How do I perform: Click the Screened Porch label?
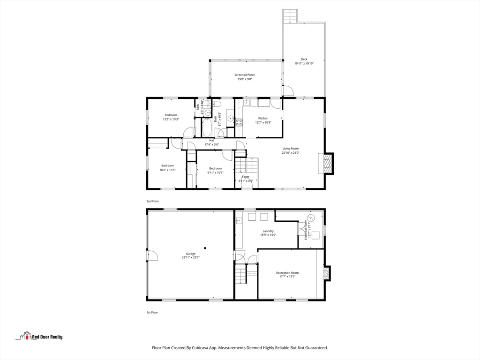245,75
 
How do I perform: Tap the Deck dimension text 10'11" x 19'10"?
304,63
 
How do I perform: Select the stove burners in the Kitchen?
239,123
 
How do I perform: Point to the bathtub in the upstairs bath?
207,127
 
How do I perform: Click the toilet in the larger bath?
217,104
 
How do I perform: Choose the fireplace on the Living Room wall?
328,164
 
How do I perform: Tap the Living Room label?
291,149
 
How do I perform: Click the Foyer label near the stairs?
246,177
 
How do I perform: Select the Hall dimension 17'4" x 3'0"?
212,145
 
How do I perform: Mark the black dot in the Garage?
205,248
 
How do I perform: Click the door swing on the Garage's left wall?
152,255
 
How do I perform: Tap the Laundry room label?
268,231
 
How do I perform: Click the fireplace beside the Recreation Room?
327,273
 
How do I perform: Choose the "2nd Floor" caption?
153,201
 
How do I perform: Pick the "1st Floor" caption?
152,312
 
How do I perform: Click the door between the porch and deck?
288,91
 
